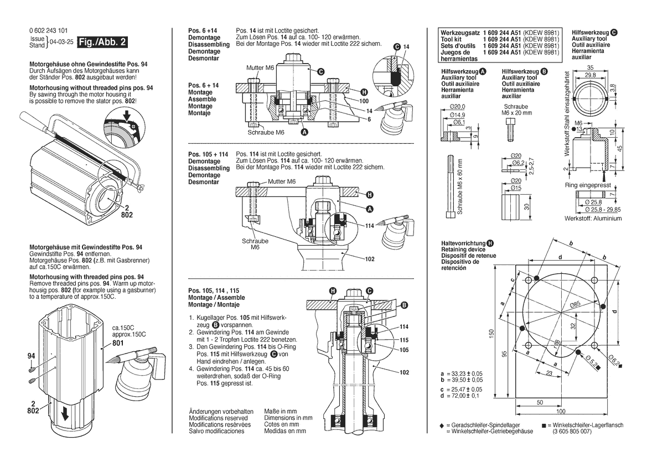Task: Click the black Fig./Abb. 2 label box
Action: pos(103,42)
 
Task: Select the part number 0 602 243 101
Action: pos(49,30)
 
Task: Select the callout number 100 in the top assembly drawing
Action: pos(364,102)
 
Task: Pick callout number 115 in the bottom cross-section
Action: pos(405,340)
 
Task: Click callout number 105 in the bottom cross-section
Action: pos(405,350)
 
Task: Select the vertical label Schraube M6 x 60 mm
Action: pos(459,186)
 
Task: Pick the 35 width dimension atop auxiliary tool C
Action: pos(590,68)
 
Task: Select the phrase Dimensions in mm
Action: pos(288,418)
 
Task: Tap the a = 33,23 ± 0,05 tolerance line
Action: pos(462,375)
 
